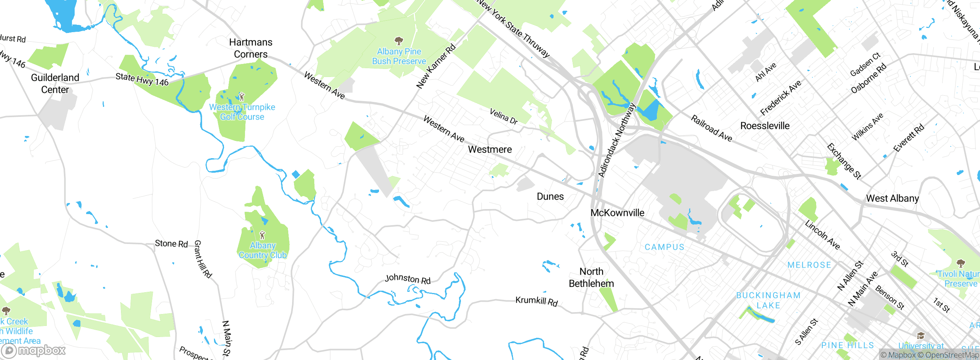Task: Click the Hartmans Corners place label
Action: pyautogui.click(x=251, y=48)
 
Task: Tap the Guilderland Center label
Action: pyautogui.click(x=55, y=83)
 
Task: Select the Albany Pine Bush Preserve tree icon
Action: pyautogui.click(x=399, y=41)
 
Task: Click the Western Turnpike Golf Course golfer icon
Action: pyautogui.click(x=242, y=97)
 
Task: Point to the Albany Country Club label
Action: pyautogui.click(x=263, y=250)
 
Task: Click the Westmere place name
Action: pyautogui.click(x=490, y=150)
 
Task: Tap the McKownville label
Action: pyautogui.click(x=617, y=213)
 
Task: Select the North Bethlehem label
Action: pyautogui.click(x=591, y=278)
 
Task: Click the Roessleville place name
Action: pyautogui.click(x=764, y=126)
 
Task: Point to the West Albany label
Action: pyautogui.click(x=892, y=198)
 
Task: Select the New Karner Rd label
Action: pyautogui.click(x=436, y=66)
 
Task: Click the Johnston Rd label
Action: pyautogui.click(x=408, y=279)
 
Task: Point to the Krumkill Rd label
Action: pyautogui.click(x=536, y=301)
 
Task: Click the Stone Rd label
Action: pyautogui.click(x=171, y=244)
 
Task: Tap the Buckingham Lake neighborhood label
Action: pyautogui.click(x=768, y=301)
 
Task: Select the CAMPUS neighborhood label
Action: pyautogui.click(x=664, y=247)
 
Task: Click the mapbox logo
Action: pyautogui.click(x=33, y=350)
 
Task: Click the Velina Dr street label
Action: pyautogui.click(x=503, y=116)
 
